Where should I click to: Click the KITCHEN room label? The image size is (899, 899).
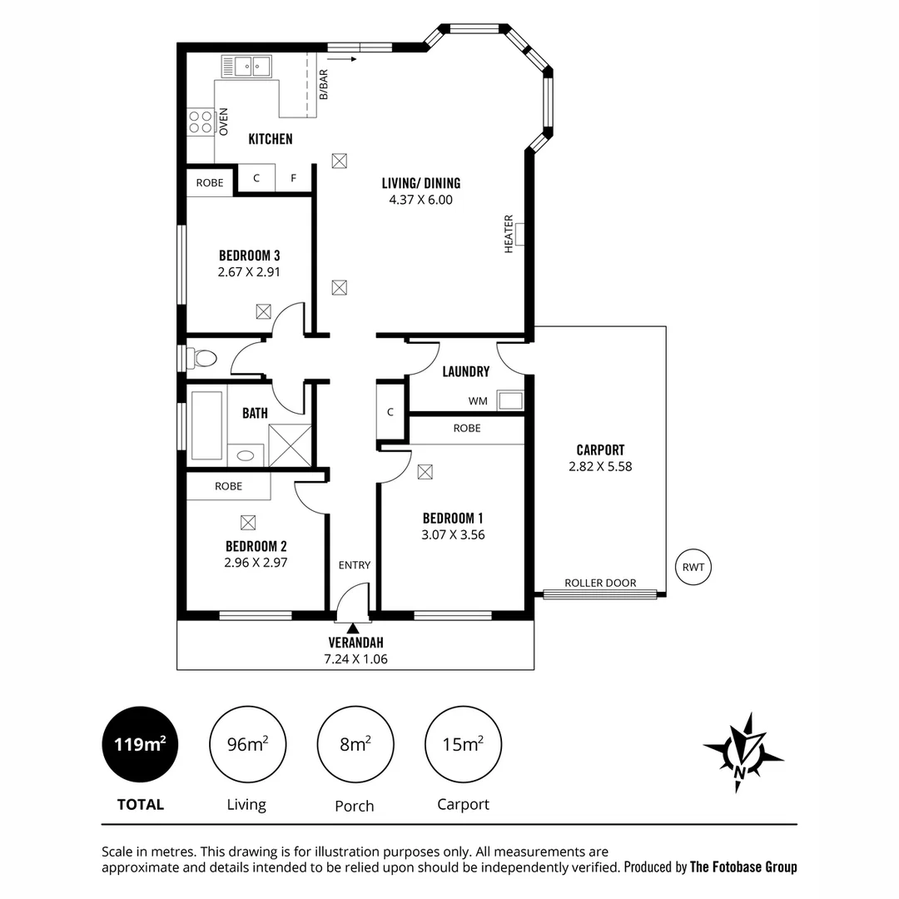point(271,139)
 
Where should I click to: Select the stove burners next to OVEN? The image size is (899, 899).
point(200,122)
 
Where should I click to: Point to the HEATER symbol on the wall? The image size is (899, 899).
point(520,235)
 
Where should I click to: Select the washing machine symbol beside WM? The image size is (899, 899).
point(509,401)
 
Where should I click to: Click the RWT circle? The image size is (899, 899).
point(693,568)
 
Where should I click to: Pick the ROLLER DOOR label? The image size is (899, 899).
point(600,583)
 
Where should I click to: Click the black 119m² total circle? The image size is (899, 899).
point(140,743)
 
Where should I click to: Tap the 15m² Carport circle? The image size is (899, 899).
point(463,743)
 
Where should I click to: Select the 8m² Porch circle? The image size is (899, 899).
point(355,743)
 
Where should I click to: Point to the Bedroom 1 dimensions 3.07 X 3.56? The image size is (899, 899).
point(453,535)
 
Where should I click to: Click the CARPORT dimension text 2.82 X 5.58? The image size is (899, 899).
point(600,467)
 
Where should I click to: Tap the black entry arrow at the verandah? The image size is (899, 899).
point(354,628)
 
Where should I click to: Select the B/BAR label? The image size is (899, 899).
point(323,84)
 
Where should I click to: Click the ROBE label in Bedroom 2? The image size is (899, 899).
point(228,486)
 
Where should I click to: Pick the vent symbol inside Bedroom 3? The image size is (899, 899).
point(263,311)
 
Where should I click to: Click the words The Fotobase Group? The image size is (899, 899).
point(743,867)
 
